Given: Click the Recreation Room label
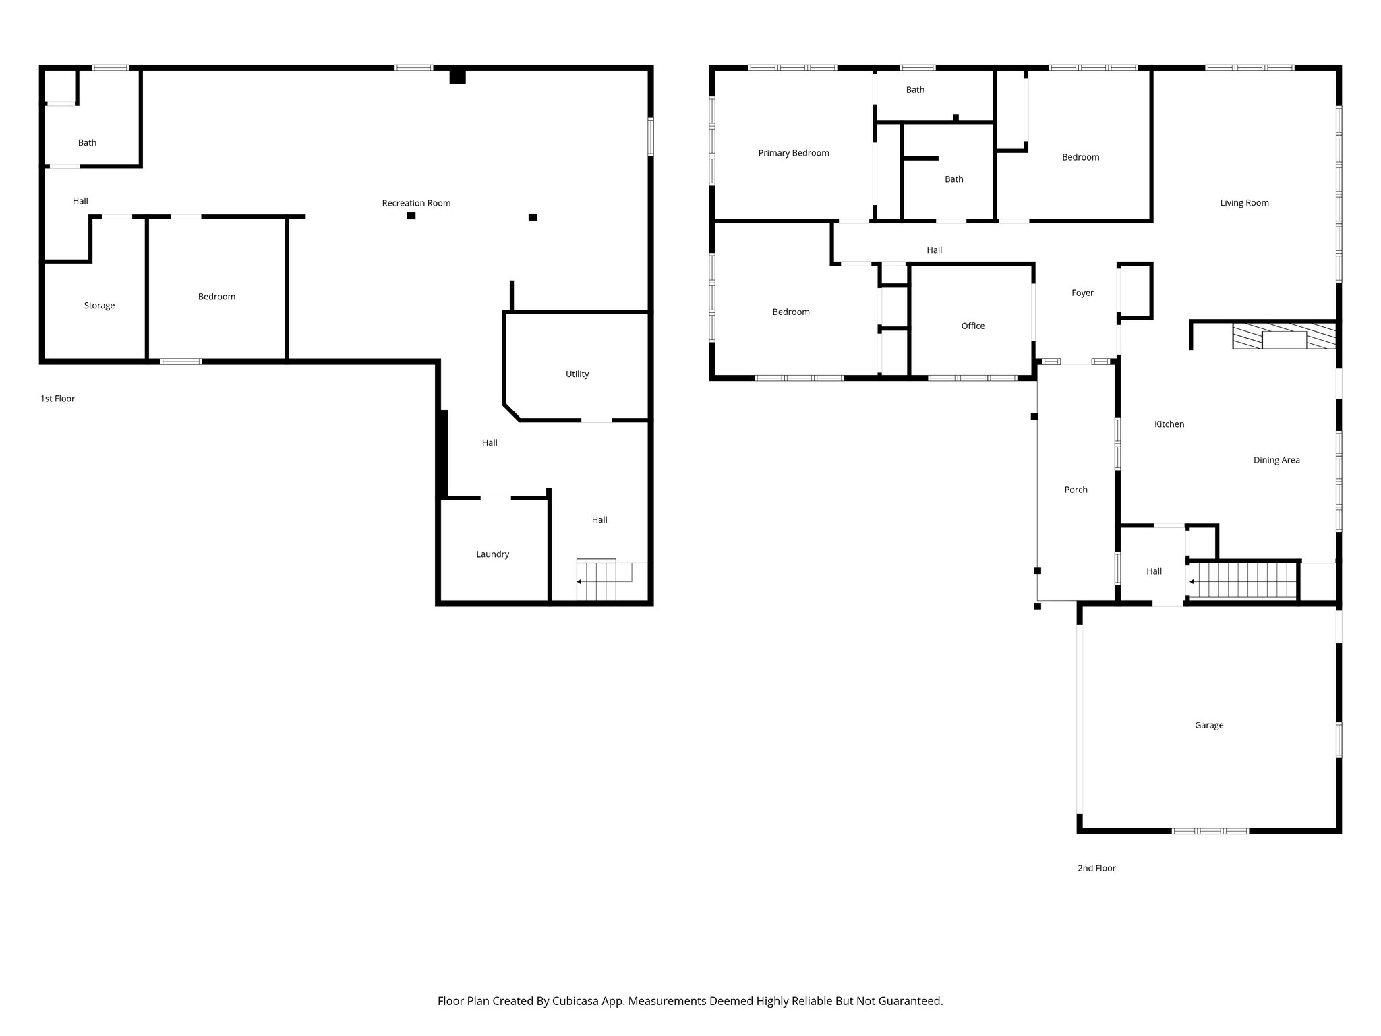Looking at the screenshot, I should (x=416, y=203).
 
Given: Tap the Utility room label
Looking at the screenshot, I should (x=577, y=374).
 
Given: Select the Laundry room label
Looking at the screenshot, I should (x=492, y=554).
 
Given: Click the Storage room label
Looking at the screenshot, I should (x=99, y=306).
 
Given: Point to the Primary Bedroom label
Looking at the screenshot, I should (x=793, y=153).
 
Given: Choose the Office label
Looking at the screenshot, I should (x=972, y=326).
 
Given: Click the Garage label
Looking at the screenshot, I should (x=1208, y=726).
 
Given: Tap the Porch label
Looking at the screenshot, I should (x=1076, y=490).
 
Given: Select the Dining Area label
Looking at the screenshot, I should (x=1276, y=461).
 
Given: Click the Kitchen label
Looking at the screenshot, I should (x=1169, y=424).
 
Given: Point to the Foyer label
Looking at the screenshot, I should (x=1082, y=293).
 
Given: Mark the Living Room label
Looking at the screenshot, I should (x=1244, y=203).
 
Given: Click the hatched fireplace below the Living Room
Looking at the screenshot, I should (x=1283, y=336).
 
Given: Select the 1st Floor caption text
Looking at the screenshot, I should (x=57, y=399).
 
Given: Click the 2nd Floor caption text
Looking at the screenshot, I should (x=1096, y=869).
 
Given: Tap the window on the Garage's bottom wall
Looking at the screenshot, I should (x=1210, y=831).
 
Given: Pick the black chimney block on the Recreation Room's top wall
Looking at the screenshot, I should (x=457, y=76).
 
